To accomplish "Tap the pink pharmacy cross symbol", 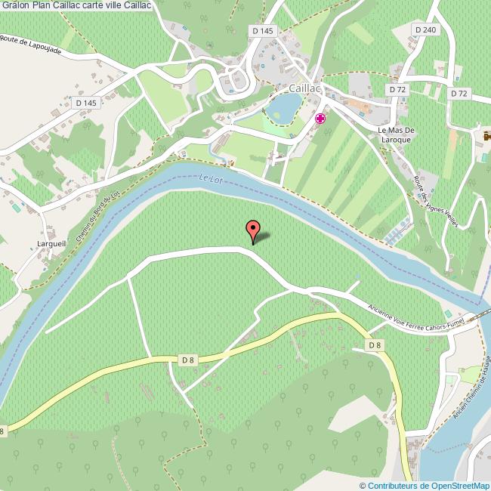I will point(320,118).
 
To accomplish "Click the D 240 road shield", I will point(425,29).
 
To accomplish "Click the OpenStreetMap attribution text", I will point(425,485).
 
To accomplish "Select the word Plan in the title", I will point(42,6).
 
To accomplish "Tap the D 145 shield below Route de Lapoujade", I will point(87,102).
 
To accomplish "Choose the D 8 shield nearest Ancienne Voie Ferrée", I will point(373,345).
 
